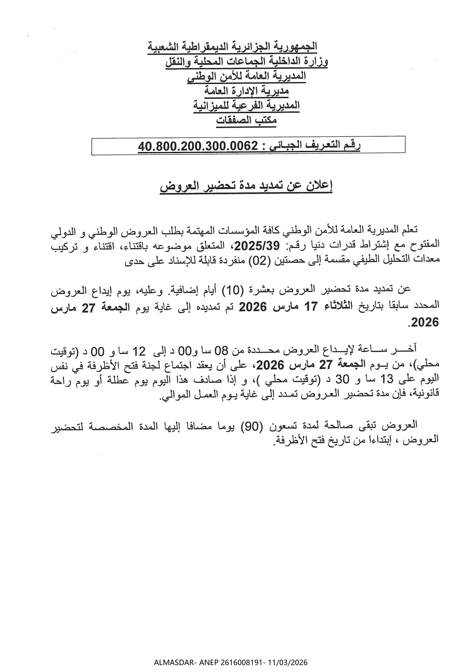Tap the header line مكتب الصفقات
246,120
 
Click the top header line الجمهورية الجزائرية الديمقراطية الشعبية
233,47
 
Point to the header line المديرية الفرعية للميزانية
247,105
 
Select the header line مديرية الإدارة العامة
246,91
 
